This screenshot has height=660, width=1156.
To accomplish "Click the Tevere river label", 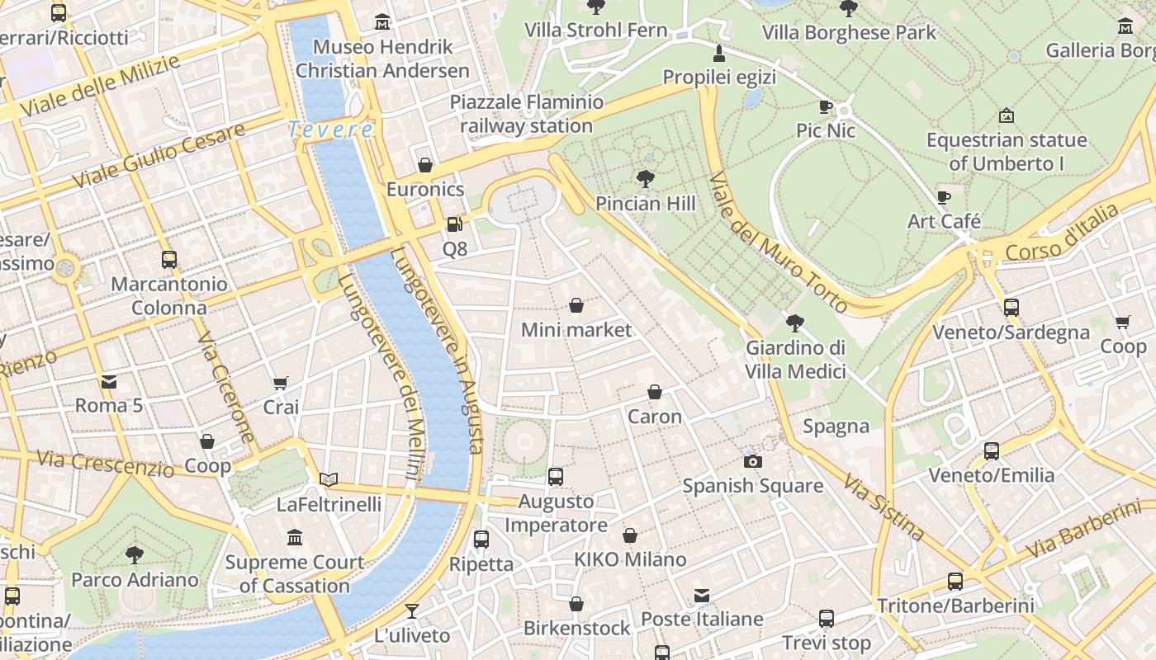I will coord(330,130).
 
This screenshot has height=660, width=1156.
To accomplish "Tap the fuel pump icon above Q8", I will coord(454,224).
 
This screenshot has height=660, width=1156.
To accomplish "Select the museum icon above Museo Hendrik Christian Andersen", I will coord(382,22).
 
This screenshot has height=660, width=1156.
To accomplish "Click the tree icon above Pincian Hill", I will coord(646,178).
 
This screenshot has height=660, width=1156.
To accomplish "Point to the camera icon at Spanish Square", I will coord(753,461).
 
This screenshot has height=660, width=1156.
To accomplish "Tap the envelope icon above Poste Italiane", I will coord(702,595).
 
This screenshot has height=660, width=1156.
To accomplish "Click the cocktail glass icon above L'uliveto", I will coord(411,611).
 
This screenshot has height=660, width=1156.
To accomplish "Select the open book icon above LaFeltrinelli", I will coord(329,479).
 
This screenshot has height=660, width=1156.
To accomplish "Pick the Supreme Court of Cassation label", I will coord(295,574).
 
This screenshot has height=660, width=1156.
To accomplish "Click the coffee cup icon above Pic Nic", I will coord(826,106).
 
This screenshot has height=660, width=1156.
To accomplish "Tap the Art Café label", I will coord(944,221).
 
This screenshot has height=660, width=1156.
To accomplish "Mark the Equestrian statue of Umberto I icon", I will coord(1006,116).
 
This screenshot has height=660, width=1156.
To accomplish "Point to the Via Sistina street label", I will coord(883,506).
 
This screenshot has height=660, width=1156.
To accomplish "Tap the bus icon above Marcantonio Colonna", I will coord(169,260).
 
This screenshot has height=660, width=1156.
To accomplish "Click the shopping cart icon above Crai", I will coord(281,383).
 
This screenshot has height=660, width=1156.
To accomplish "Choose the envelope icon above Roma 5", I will coord(109,381).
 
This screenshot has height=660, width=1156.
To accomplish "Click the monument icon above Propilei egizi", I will coord(719,54).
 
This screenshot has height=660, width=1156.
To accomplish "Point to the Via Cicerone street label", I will coord(225,388).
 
